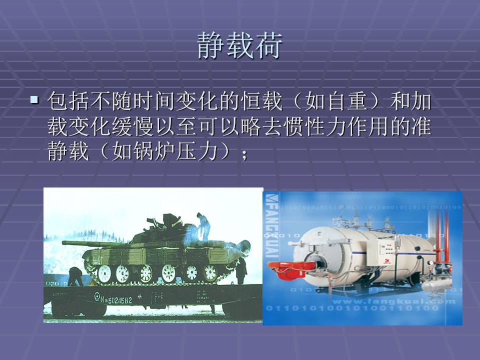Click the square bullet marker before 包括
[x=34, y=100]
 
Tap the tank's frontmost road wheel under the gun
[x=104, y=273]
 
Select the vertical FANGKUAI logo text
[x=271, y=225]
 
